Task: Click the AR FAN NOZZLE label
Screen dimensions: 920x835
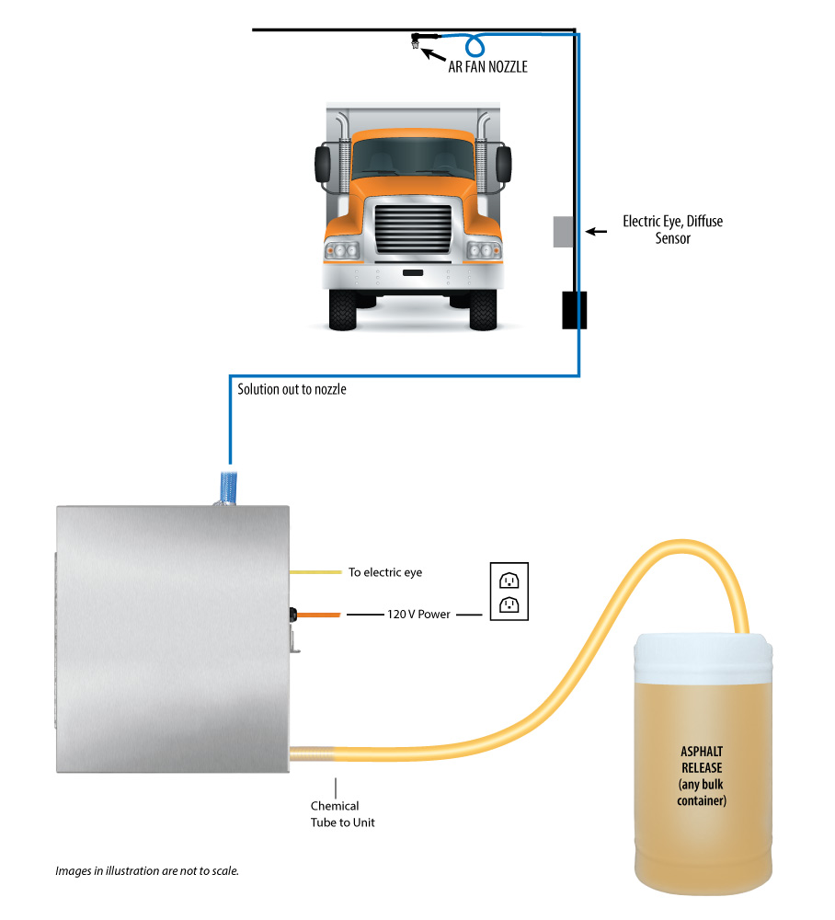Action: point(487,66)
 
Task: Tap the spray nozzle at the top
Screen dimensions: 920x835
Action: point(417,40)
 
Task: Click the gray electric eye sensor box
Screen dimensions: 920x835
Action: point(564,232)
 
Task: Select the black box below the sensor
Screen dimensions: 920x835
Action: point(575,310)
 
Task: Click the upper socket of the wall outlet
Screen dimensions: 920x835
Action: point(509,581)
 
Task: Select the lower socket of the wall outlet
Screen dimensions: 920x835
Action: point(509,604)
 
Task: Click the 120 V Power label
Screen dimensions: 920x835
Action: point(418,614)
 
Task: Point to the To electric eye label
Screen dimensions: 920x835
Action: point(385,572)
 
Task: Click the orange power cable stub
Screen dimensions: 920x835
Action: point(318,614)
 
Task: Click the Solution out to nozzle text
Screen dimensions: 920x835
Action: point(292,389)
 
